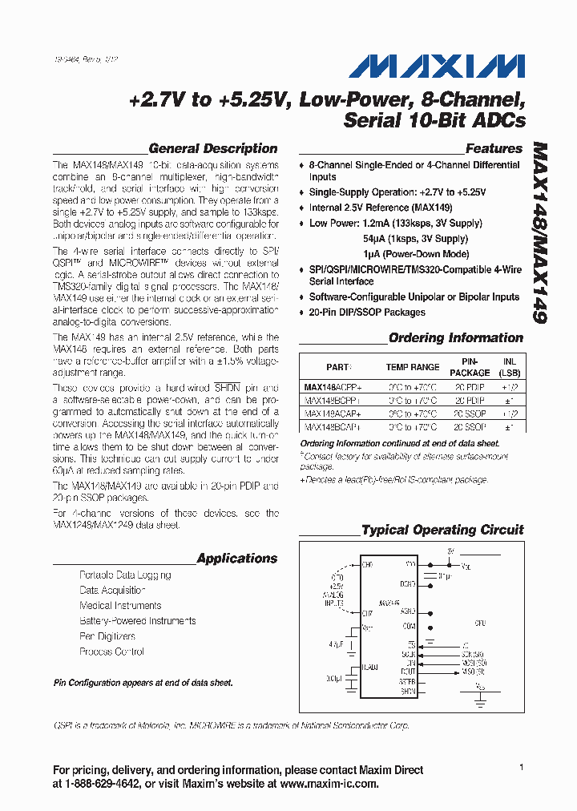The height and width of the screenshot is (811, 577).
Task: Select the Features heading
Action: tap(494, 148)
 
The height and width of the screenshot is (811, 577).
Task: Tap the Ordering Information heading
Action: tap(455, 338)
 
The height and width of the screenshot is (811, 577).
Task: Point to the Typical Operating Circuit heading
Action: tap(442, 530)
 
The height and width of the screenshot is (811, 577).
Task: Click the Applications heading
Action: tap(236, 559)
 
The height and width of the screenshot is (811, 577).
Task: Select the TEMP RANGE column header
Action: tap(413, 367)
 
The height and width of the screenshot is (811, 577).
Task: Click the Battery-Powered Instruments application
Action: tap(137, 621)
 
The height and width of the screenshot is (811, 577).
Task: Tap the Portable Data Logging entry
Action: tap(125, 575)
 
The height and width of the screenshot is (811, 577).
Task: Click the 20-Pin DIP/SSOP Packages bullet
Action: tap(367, 313)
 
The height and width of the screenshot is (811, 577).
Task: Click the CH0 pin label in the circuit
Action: tap(368, 565)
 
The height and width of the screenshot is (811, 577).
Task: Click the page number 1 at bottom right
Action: tap(521, 768)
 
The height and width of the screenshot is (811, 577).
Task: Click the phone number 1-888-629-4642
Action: tap(110, 785)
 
